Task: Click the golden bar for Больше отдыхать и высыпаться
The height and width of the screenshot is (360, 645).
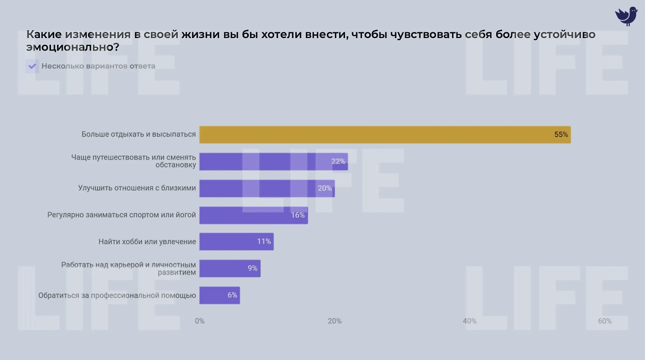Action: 384,135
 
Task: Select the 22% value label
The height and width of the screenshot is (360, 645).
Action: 338,162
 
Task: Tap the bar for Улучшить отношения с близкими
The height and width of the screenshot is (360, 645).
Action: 267,189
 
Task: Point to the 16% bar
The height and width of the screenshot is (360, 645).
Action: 253,215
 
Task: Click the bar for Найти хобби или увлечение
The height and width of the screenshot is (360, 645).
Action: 236,242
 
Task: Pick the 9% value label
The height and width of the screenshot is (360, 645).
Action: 252,268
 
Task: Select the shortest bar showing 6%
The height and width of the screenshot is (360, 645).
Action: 219,295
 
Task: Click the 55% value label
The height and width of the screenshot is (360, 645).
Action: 561,135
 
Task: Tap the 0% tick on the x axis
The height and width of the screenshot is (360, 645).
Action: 199,321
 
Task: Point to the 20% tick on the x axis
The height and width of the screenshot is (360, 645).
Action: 334,321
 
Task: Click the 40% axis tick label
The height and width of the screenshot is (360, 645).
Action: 469,321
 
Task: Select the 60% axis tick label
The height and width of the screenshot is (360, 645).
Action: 604,321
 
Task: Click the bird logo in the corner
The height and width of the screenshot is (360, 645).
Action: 626,16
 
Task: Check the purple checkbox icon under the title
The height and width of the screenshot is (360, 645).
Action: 32,67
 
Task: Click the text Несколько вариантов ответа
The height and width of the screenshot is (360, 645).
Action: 98,67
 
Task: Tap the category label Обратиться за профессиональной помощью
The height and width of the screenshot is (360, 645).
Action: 117,295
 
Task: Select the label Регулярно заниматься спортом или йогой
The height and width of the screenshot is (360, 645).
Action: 121,215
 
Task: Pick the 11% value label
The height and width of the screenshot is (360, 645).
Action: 263,242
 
